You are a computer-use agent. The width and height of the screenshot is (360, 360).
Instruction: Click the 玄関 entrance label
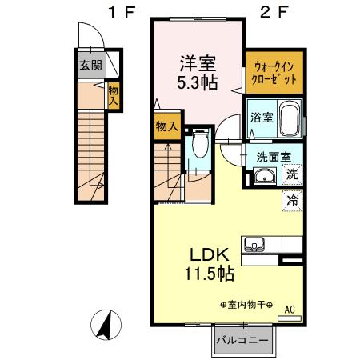[90, 66]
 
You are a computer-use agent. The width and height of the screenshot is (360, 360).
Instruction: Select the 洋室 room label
[197, 62]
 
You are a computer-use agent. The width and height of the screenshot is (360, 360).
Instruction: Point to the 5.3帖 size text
[198, 81]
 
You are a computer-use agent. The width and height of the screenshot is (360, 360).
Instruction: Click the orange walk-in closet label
[274, 73]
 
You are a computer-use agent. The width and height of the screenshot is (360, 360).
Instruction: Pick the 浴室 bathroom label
[260, 117]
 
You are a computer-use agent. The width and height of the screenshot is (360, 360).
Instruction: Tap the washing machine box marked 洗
[292, 174]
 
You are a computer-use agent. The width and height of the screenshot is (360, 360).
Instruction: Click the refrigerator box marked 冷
[292, 201]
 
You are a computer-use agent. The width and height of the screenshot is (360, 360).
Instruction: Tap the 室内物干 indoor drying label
[245, 305]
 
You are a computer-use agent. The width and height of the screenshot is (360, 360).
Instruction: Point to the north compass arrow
[104, 326]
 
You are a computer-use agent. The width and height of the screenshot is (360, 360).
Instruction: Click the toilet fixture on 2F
[200, 148]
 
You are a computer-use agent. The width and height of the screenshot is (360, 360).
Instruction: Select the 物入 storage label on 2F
[166, 126]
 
